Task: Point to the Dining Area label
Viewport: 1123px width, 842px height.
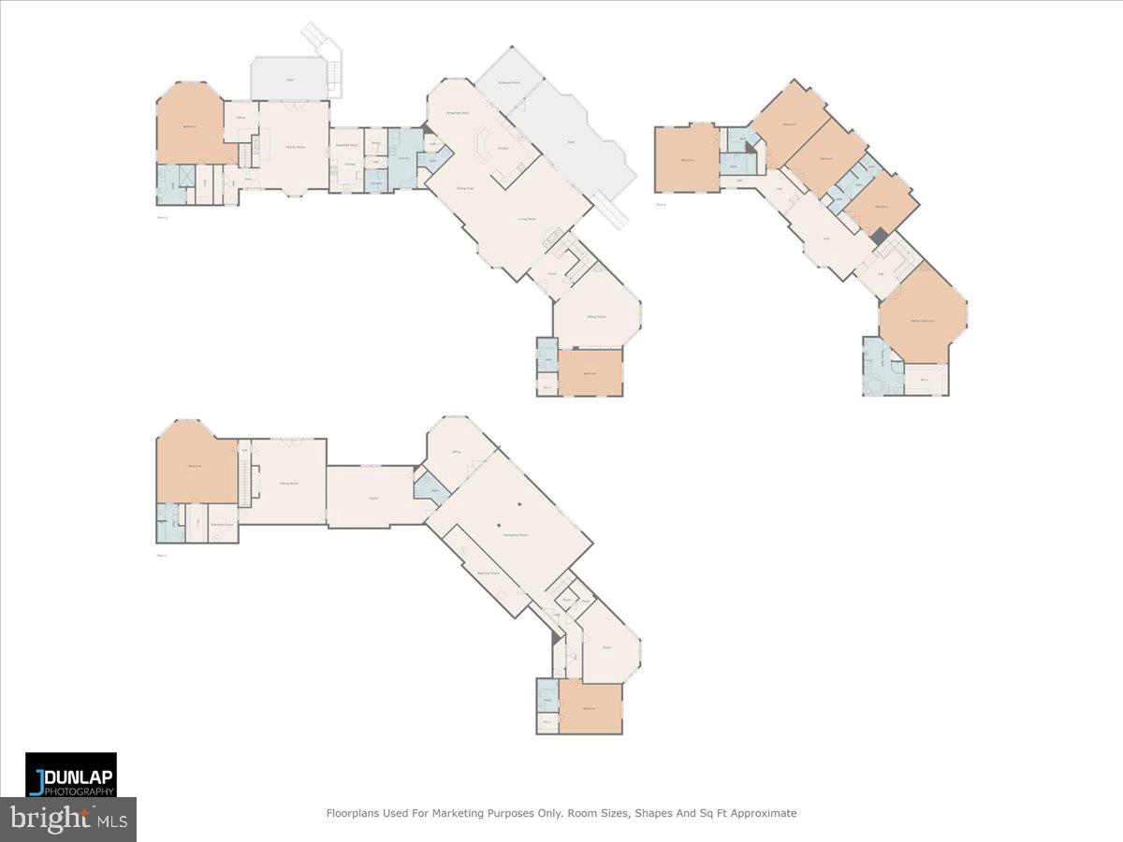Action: [463, 189]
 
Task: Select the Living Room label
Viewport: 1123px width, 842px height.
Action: [528, 219]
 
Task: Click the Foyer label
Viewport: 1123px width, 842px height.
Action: [553, 274]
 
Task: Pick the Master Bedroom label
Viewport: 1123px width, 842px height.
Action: [923, 321]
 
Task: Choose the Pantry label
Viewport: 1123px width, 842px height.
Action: [375, 143]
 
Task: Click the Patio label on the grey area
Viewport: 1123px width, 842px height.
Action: [290, 80]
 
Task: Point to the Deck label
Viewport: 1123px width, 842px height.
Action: [571, 142]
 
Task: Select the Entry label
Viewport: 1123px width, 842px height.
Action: [248, 180]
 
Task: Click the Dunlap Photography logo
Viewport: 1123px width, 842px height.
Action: [71, 775]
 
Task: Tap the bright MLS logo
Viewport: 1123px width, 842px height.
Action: [67, 820]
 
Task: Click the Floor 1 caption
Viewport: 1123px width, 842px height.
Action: [162, 556]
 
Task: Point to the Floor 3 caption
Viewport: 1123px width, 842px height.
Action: [661, 204]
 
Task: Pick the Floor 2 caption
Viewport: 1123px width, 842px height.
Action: [162, 217]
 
